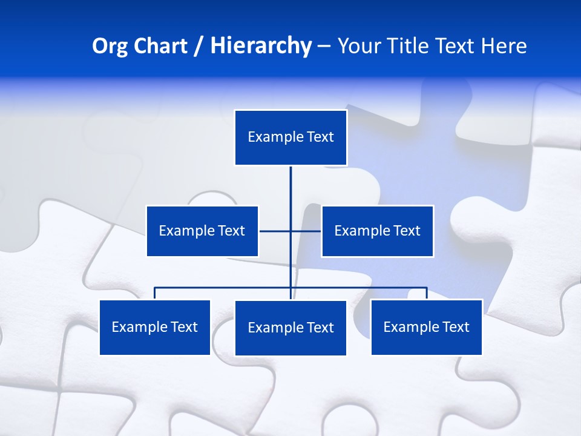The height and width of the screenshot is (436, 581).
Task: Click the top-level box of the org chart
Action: [290, 137]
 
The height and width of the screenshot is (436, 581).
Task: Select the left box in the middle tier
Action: [202, 231]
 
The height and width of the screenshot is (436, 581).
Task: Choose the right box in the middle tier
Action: [377, 231]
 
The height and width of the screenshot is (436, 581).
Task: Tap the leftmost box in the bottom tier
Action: [155, 327]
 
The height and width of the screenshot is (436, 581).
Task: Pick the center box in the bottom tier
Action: [290, 328]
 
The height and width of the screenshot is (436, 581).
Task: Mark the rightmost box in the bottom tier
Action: [426, 327]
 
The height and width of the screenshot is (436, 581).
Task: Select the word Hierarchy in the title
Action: [261, 46]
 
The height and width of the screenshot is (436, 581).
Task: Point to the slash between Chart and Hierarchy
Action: [199, 47]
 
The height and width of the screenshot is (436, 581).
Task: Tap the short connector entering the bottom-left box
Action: [155, 293]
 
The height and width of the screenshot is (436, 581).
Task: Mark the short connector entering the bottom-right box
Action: [427, 293]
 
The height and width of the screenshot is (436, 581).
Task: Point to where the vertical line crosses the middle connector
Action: [290, 231]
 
